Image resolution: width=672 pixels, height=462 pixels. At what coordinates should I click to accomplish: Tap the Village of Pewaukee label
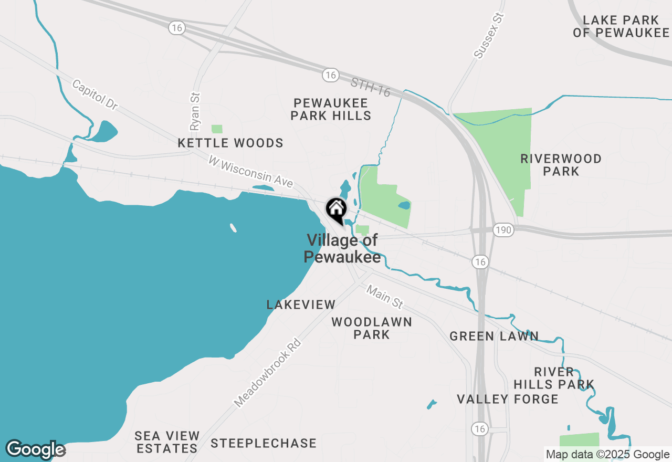click(342, 249)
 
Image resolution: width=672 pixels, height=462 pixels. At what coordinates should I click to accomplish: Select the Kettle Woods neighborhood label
click(230, 143)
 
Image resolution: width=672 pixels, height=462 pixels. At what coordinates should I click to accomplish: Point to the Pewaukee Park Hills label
click(331, 109)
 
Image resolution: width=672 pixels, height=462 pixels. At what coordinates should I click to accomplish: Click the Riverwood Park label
click(561, 165)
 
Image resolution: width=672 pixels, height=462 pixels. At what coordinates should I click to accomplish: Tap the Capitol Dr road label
click(94, 95)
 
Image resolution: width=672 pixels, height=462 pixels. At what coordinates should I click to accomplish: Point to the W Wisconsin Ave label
click(250, 171)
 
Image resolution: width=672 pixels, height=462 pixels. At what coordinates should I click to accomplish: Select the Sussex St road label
click(489, 36)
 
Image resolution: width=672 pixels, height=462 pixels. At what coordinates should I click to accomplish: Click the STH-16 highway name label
click(371, 88)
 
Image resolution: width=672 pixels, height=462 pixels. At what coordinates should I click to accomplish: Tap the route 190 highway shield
click(503, 230)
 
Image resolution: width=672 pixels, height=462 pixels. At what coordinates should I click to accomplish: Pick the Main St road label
click(385, 297)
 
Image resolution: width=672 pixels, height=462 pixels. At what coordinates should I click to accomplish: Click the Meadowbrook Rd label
click(268, 373)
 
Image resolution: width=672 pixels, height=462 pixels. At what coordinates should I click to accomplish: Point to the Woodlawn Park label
click(372, 328)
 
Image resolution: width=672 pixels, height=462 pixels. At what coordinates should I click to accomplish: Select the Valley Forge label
click(508, 399)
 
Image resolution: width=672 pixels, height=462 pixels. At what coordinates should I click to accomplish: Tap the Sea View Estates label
click(167, 442)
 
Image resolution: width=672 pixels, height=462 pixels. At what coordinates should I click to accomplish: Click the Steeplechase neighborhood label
click(264, 444)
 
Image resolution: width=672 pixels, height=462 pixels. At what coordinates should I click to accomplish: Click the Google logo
click(35, 449)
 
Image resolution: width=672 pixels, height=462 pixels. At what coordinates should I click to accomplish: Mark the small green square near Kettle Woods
click(217, 129)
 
